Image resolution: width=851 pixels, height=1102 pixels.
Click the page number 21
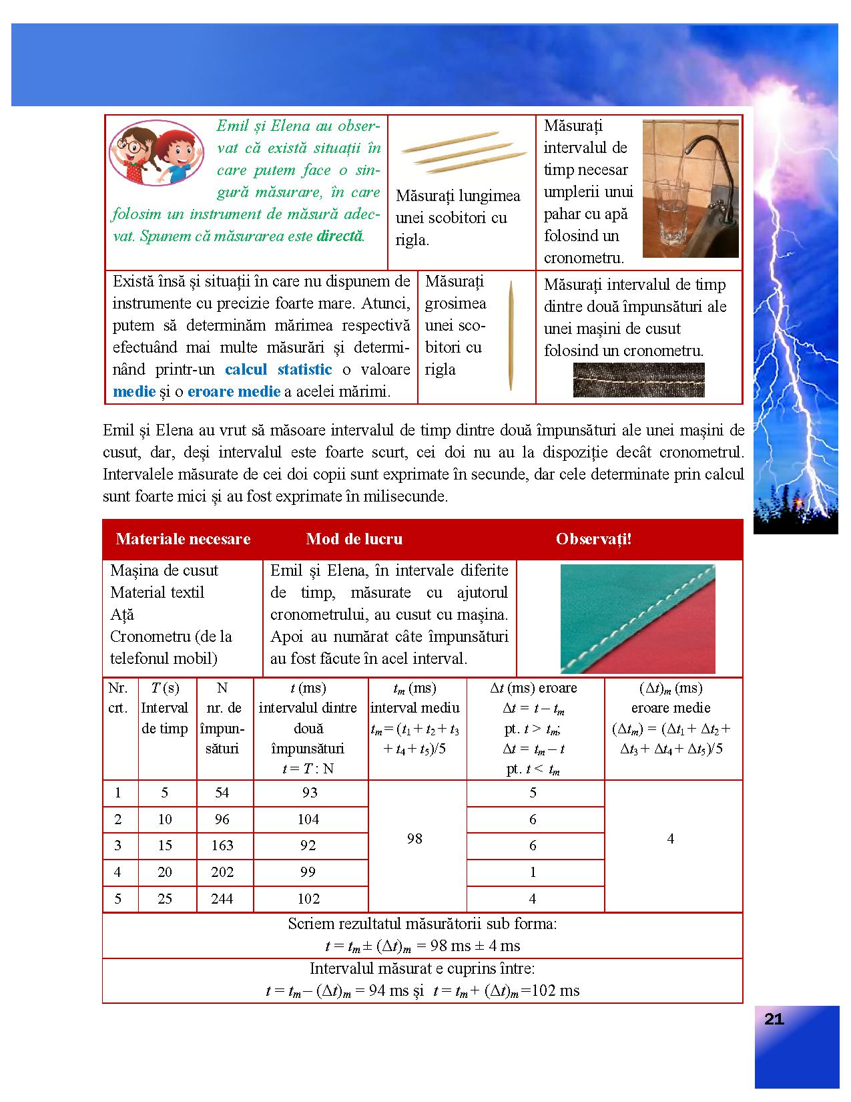coord(774,1019)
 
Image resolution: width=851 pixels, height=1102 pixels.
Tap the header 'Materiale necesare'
coord(183,539)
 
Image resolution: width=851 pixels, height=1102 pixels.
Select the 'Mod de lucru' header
coord(354,539)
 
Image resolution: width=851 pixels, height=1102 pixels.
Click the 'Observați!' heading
coord(593,539)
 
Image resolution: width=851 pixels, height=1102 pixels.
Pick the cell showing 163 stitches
coord(222,846)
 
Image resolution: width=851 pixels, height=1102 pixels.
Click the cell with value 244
coord(222,899)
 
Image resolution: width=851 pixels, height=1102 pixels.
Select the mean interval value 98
coord(414,839)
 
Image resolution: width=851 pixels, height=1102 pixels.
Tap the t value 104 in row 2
coord(308,819)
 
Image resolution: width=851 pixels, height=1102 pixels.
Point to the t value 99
coord(308,872)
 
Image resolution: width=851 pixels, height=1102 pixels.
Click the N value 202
coord(222,872)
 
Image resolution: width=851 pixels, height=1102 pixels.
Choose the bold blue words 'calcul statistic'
coord(278,369)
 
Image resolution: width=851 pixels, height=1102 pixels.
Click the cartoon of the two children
coord(158,152)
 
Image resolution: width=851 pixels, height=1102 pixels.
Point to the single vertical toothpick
coord(511,335)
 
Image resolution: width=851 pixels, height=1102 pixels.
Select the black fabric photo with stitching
coord(639,379)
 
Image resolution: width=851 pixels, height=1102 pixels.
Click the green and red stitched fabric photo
coord(637,618)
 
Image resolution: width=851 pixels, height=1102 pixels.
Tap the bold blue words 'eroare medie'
coord(234,391)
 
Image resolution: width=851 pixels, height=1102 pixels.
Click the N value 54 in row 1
coord(222,793)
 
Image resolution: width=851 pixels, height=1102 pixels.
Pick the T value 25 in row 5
coord(165,899)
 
